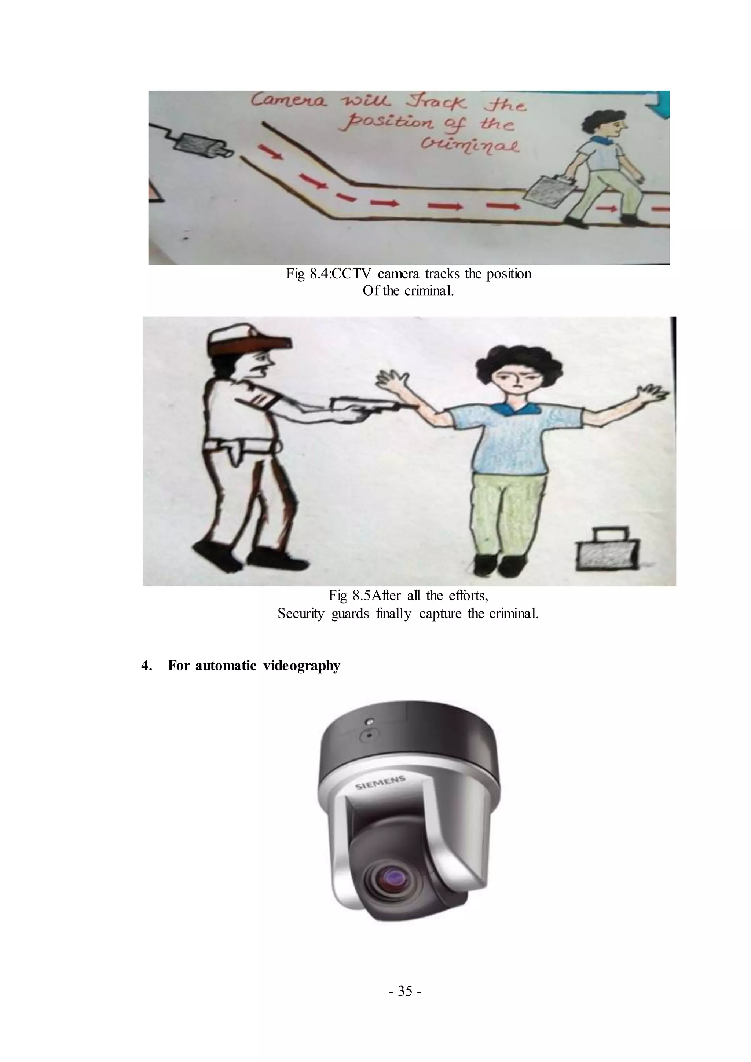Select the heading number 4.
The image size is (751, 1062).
[147, 666]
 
